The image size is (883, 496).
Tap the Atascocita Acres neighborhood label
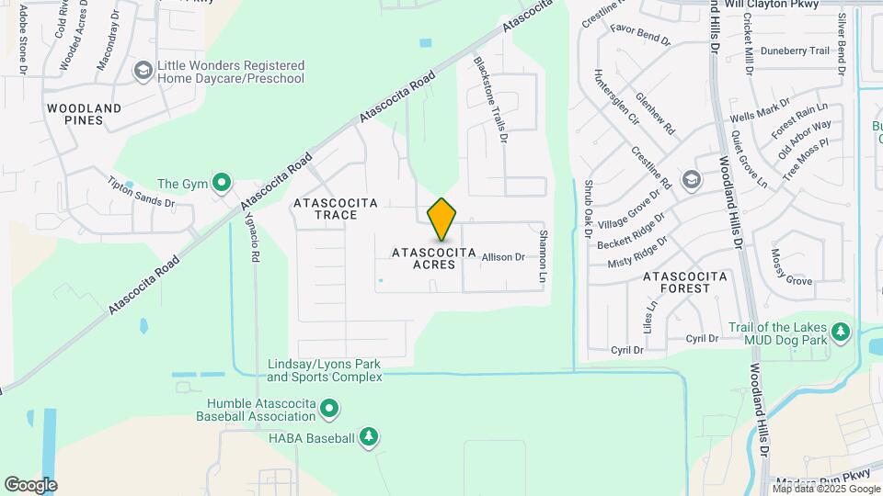coord(434,258)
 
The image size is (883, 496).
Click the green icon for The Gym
coord(222,184)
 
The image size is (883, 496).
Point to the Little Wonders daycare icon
coord(143,71)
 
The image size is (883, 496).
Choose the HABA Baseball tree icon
coord(368,437)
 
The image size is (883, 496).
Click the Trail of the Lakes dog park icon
coord(839,332)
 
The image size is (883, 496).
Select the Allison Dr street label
coord(503,258)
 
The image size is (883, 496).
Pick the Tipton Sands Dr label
coord(142,190)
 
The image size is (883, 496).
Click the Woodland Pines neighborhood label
coord(85,115)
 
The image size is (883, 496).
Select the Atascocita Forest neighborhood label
coord(685,282)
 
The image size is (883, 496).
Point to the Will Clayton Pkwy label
coord(771,5)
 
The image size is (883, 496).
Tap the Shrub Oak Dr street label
coord(587,207)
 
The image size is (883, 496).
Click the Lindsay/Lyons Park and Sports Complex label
coord(325,370)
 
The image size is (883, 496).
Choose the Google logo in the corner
coord(30,484)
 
